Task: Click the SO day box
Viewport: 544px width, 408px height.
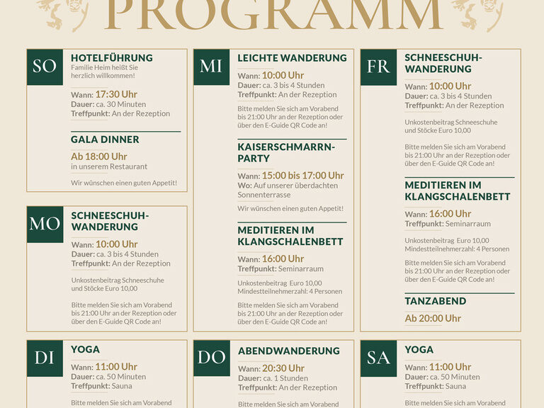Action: (45, 67)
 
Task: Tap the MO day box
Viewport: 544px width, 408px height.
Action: (45, 225)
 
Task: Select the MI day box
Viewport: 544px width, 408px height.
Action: (211, 67)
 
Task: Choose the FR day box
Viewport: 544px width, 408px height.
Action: (378, 67)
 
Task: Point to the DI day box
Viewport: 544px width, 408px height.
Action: (45, 358)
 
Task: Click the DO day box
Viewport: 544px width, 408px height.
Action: (211, 358)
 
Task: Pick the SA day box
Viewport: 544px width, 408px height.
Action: (378, 358)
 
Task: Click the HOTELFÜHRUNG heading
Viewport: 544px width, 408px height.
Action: (112, 57)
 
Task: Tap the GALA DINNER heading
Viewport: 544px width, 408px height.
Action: (105, 140)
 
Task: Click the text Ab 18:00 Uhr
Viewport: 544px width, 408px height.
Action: (99, 157)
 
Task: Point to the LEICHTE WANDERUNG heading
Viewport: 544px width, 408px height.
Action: (292, 57)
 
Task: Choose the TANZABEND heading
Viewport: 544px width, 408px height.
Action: (436, 301)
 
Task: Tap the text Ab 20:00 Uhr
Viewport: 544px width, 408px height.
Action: (433, 318)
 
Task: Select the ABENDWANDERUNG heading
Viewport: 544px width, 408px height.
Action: (288, 351)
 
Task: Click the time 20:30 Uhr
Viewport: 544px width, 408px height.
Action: (283, 368)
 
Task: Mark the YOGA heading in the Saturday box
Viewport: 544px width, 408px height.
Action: (419, 349)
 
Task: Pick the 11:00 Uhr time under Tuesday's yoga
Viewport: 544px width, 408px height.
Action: (115, 367)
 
